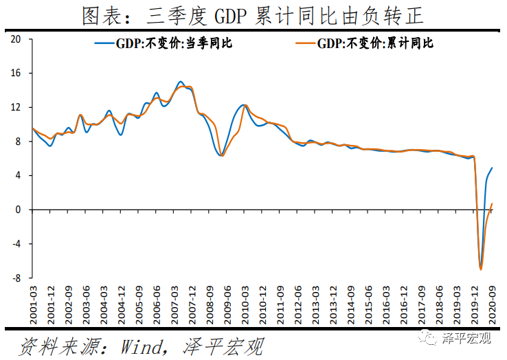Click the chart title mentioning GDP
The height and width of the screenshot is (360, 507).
point(253,15)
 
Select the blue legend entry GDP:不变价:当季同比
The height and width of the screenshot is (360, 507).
point(164,43)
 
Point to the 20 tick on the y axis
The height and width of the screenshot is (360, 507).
point(19,39)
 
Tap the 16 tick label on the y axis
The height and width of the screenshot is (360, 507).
point(19,74)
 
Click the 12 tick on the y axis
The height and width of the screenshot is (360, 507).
point(19,108)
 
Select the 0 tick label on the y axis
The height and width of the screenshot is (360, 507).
point(21,210)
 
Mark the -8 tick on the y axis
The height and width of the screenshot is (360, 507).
point(19,278)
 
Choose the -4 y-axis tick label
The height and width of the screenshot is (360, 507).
point(19,244)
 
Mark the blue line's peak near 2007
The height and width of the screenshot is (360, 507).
point(180,82)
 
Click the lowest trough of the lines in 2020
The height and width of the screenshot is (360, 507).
point(481,269)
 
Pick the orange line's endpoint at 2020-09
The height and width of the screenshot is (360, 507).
point(492,203)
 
